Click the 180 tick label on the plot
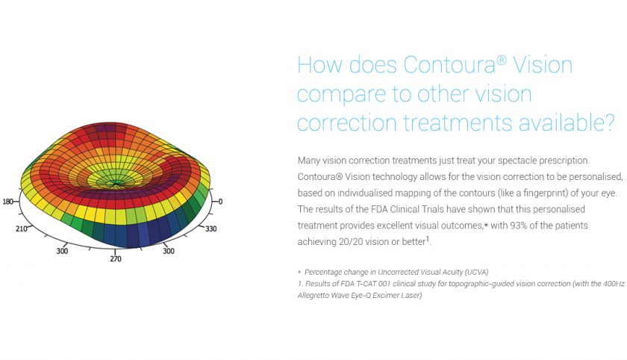click(7, 202)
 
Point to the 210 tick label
click(22, 228)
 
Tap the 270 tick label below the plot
click(115, 259)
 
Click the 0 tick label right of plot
click(220, 202)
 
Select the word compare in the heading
click(350, 94)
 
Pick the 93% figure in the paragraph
click(479, 225)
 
